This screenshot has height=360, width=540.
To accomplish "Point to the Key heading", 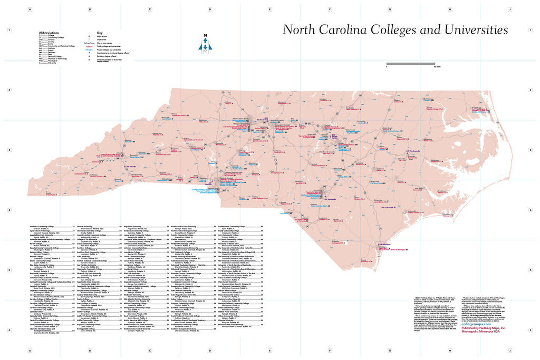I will pyautogui.click(x=99, y=32).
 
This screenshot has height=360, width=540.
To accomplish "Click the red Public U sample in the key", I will pyautogui.click(x=89, y=46).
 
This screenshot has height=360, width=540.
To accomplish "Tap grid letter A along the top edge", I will pyautogui.click(x=30, y=9).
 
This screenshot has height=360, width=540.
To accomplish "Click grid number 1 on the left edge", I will pyautogui.click(x=9, y=30).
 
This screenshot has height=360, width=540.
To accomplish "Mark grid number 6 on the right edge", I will pyautogui.click(x=530, y=330).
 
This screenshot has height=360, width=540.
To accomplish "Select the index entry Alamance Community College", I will pyautogui.click(x=47, y=226).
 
